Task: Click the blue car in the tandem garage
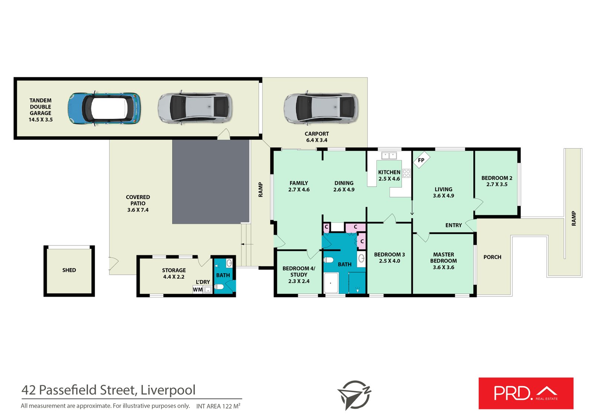104,108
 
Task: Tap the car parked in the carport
321,108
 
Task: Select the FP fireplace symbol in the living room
421,160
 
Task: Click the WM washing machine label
198,290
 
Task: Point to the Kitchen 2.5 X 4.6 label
389,175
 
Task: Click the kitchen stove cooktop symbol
407,173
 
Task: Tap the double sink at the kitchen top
389,156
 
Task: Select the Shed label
69,270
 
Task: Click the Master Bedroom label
443,261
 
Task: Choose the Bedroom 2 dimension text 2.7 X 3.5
497,185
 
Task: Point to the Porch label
492,257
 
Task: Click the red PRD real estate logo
526,393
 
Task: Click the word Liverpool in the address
168,390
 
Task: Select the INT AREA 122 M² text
218,406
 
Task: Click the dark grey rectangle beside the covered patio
210,182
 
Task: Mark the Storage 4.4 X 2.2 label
174,273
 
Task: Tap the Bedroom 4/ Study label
298,274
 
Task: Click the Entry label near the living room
453,225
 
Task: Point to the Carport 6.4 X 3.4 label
317,137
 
